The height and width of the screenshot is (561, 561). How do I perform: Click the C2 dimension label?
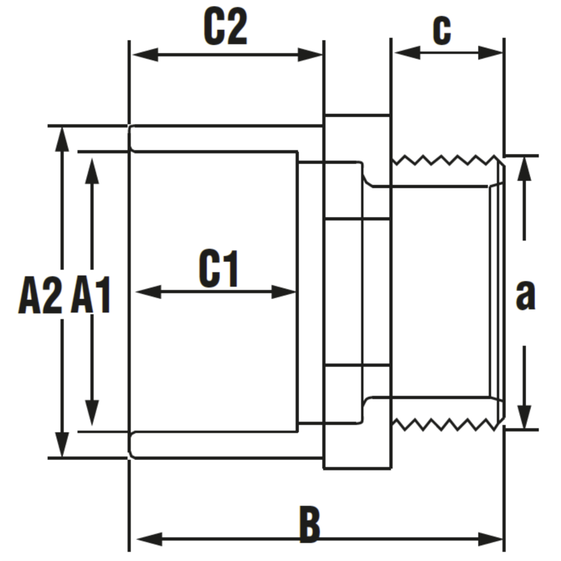225,27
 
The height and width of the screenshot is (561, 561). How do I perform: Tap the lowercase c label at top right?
442,31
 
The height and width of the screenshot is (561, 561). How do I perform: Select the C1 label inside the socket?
219,268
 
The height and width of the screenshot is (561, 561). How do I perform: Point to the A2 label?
39,296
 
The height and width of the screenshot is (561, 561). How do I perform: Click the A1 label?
91,296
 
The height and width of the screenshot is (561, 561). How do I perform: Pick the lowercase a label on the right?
525,296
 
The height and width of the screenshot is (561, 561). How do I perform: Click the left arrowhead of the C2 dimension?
144,55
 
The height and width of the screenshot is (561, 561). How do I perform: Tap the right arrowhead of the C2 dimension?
310,55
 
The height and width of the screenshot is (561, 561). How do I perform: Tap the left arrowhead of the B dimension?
148,539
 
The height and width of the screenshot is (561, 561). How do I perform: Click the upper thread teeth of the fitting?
444,160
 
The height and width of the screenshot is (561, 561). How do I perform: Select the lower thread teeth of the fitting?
444,424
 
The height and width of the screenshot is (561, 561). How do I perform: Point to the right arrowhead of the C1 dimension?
284,291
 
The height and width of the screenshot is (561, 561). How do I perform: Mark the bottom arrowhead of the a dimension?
525,416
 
